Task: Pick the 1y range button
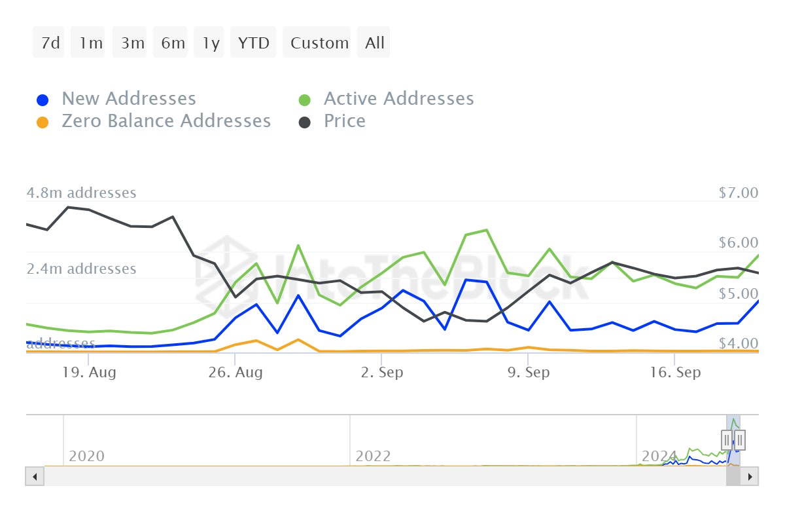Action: point(211,43)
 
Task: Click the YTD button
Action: point(253,43)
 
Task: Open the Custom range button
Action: point(319,43)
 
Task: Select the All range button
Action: point(375,43)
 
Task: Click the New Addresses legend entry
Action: point(128,99)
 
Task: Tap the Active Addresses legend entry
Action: point(398,99)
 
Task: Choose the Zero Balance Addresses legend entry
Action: point(166,121)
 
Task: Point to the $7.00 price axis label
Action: point(737,193)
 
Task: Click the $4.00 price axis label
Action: point(737,343)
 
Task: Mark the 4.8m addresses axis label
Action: point(81,193)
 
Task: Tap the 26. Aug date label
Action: point(236,373)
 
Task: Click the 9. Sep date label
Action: point(528,373)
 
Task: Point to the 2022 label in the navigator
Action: point(373,456)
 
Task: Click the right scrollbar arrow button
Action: point(750,476)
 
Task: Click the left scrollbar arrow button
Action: point(35,476)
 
